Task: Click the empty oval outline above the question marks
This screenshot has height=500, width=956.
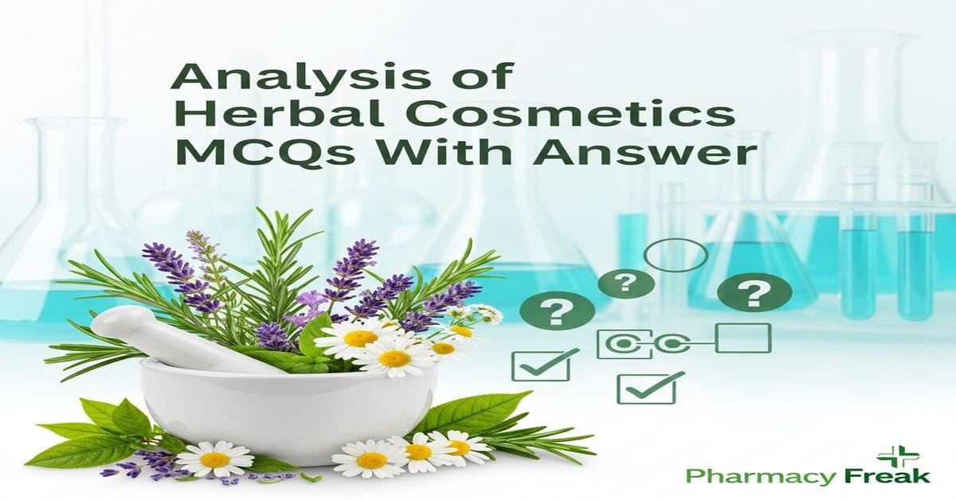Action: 675,255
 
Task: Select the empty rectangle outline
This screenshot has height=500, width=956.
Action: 743,338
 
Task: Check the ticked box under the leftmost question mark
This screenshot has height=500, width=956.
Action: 539,364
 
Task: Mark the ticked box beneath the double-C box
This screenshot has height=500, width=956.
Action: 647,388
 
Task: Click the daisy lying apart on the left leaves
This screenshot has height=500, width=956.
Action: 214,459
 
